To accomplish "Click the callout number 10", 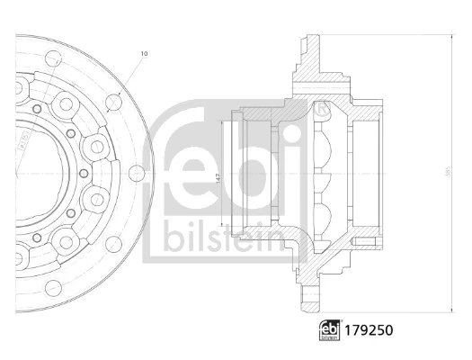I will [144, 54].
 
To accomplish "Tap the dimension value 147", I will [217, 177].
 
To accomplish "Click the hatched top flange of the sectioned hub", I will [311, 54].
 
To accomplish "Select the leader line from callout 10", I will [129, 78].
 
